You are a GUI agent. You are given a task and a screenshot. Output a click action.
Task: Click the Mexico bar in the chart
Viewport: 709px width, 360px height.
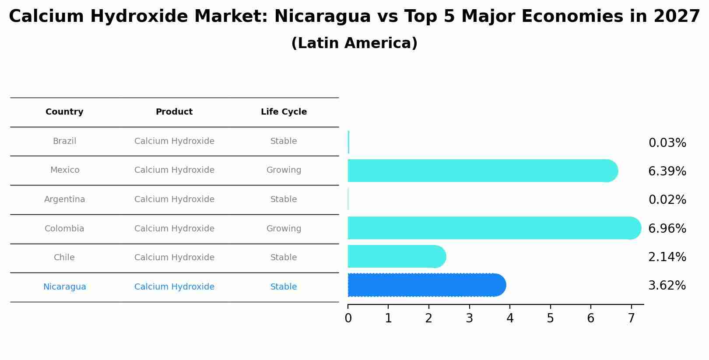pos(481,171)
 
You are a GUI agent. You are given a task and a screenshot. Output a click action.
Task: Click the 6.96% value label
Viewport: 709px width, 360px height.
pos(667,228)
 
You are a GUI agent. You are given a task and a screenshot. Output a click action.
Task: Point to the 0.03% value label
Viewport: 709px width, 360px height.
pos(667,143)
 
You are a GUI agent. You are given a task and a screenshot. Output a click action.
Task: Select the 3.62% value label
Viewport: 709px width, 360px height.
pos(667,286)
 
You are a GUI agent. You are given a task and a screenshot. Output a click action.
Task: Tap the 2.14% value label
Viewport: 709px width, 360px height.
pos(667,257)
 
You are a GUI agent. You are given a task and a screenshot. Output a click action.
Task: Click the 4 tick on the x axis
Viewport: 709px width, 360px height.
pos(510,318)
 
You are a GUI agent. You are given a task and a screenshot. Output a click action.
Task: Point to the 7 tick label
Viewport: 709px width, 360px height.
pos(631,318)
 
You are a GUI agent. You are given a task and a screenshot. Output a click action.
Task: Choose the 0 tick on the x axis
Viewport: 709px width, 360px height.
pos(348,318)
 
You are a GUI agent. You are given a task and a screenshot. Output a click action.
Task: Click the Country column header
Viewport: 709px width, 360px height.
pos(64,112)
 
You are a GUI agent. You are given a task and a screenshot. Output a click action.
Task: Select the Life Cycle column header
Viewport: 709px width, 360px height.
pos(284,112)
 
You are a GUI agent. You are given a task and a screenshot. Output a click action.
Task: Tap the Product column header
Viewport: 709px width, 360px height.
pos(174,112)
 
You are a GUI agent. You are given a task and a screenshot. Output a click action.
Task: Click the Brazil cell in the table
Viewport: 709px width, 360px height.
pos(64,141)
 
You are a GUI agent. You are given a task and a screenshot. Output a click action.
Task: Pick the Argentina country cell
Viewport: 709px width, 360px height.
pos(64,199)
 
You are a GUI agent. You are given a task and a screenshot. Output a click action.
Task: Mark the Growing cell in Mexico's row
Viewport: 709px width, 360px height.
pos(284,170)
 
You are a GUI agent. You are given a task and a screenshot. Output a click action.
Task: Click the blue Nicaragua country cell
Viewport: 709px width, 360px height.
pos(64,287)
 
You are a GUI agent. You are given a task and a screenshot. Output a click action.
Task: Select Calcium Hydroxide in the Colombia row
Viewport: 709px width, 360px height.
pos(174,229)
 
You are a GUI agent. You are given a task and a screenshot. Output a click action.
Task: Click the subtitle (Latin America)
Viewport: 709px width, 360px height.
pos(354,43)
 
